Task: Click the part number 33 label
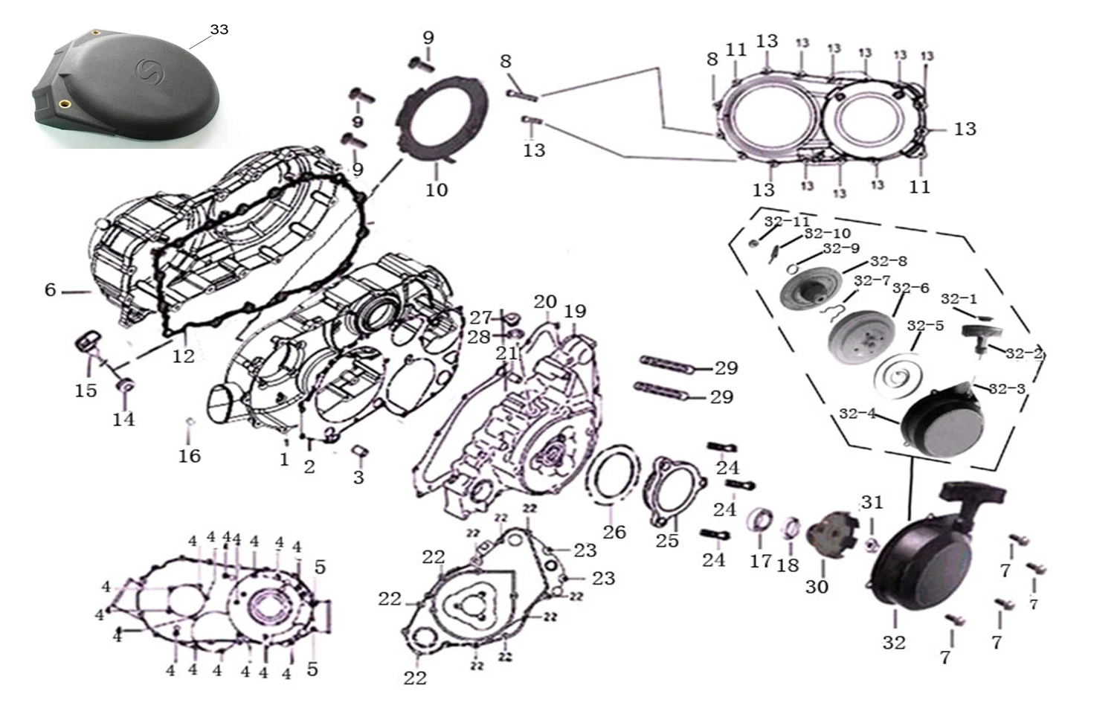point(219,30)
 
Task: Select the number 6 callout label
point(51,290)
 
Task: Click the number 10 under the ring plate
point(437,190)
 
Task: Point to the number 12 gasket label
point(183,356)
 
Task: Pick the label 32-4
point(857,414)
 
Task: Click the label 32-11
point(787,222)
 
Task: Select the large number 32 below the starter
point(894,642)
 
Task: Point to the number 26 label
point(614,532)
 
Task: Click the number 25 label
point(667,541)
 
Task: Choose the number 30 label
point(817,587)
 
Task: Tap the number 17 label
point(760,561)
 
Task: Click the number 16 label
point(189,456)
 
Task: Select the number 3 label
point(358,477)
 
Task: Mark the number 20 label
point(545,301)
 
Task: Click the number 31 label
point(872,503)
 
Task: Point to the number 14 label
point(123,420)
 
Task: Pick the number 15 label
point(86,390)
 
